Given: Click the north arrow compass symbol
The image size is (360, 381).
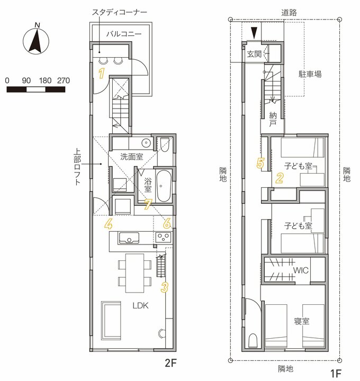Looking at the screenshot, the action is pos(36,41).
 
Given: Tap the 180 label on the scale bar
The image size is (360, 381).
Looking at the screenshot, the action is pos(46,80).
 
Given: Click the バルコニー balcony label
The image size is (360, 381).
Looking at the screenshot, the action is pos(124,33).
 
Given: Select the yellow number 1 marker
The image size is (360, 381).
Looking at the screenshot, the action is pos(101,74).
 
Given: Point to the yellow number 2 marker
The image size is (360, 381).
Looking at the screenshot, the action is pos(280,178).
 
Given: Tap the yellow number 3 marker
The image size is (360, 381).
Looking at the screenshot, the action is pos(164,287).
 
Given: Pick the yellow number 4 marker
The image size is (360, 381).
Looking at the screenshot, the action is pos(108,224).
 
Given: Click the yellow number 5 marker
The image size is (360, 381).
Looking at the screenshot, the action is pos(260,163).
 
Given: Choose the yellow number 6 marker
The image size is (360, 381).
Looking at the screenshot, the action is pos(167,223).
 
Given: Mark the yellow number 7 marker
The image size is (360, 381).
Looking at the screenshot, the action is pos(148,204).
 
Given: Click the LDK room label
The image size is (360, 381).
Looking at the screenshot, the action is pos(140,306).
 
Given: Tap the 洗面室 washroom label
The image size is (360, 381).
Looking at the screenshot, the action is pos(131,157).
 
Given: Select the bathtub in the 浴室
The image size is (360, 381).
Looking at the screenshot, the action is pos(164,186).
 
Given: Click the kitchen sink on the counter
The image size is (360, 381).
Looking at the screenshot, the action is pos(129,238).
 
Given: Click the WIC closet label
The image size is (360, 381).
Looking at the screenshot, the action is pos(301,270).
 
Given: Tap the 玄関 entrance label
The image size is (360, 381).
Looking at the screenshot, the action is pos(254,54).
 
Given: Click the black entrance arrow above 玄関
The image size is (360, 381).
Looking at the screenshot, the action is pos(254,33).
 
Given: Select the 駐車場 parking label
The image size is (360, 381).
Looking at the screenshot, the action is pos(310,74).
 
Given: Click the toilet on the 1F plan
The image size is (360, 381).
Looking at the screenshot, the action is pos(253,340).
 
